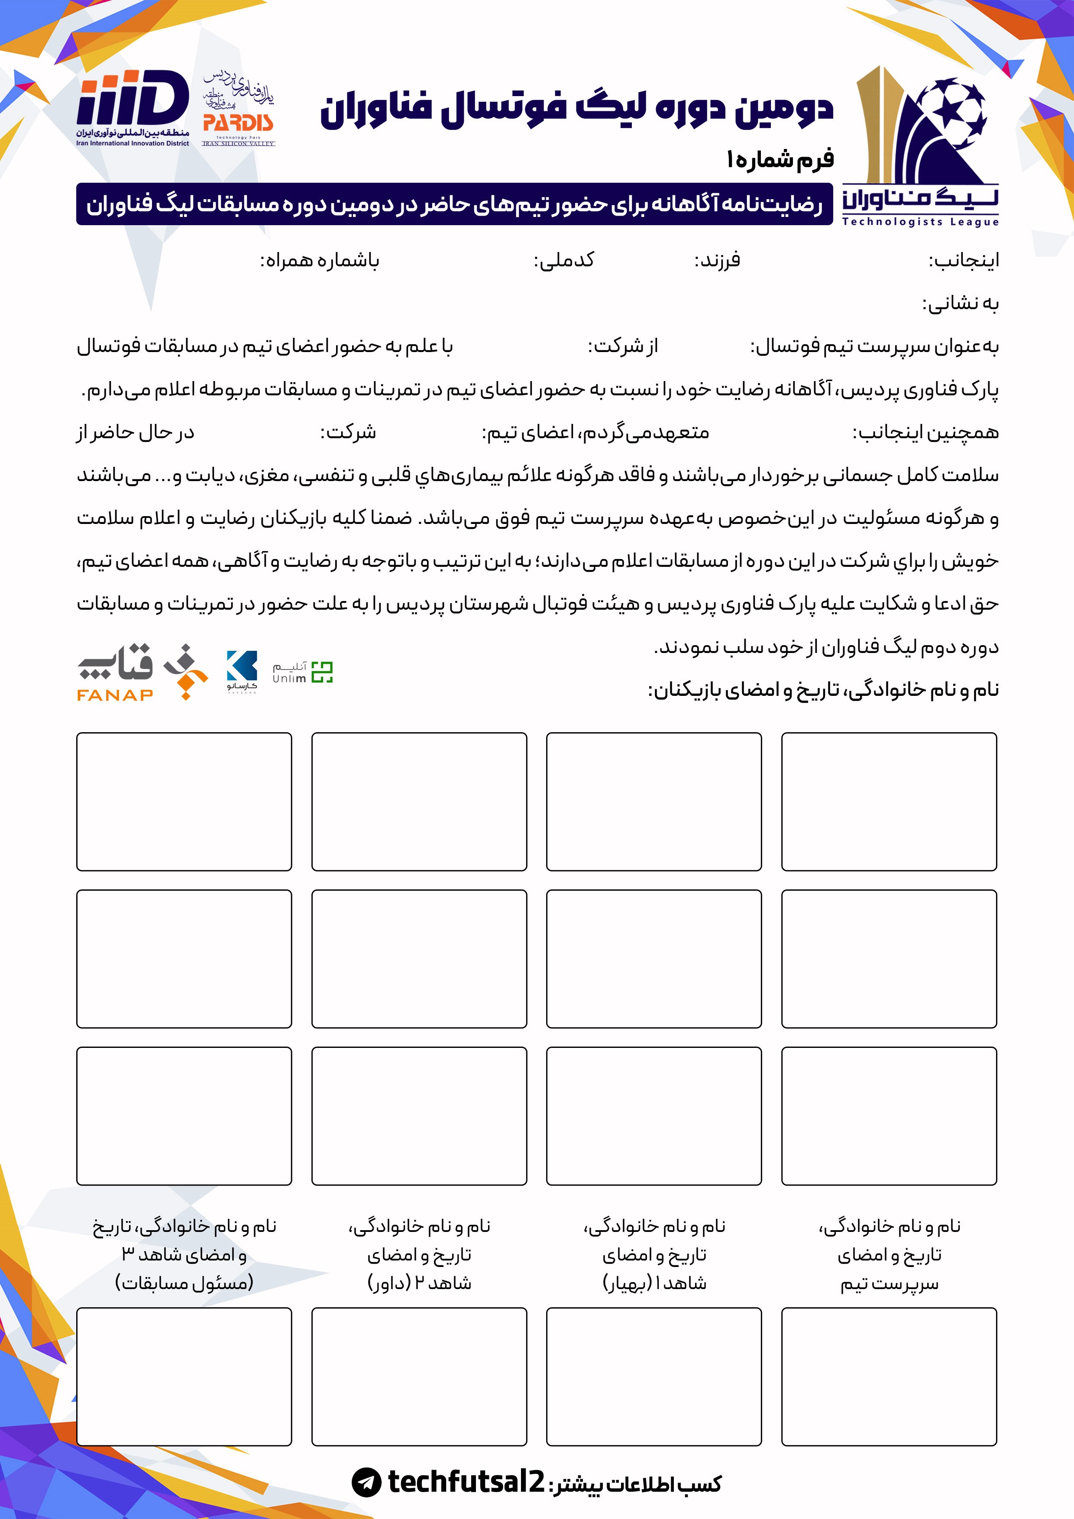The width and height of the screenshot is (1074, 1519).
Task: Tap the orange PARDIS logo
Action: click(238, 123)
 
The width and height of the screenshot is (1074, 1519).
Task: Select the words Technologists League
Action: click(920, 222)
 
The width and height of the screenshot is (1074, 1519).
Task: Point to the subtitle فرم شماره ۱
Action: click(780, 159)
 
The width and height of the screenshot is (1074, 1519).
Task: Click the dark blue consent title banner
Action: click(454, 204)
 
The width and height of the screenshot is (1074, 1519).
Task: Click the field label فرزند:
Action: click(717, 261)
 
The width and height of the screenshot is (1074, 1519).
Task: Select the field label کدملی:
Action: click(564, 261)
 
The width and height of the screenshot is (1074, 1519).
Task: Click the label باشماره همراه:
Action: click(320, 261)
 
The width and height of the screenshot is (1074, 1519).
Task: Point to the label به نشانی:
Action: click(960, 304)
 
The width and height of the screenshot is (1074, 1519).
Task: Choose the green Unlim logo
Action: click(303, 672)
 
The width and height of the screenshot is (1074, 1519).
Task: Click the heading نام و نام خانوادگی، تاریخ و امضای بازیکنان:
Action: click(823, 690)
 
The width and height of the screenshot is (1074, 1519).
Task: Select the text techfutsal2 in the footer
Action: click(466, 1482)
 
